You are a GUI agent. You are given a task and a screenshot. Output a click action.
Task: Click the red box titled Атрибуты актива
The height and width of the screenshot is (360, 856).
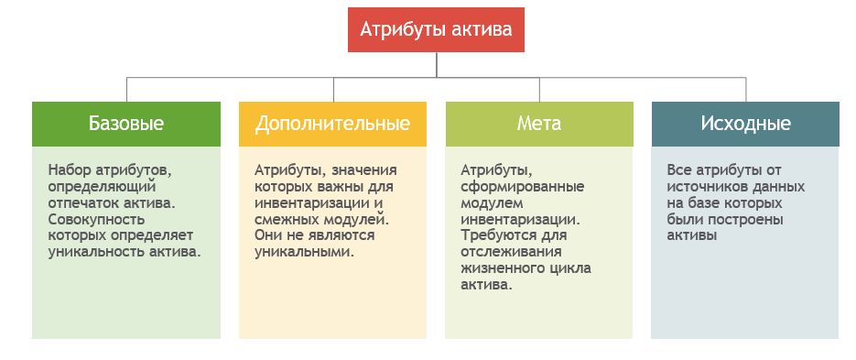click(x=436, y=30)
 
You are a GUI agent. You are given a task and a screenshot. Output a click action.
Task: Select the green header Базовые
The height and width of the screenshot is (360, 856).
click(x=126, y=124)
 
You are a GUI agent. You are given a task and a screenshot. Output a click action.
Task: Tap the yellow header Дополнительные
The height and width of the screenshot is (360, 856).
click(x=332, y=124)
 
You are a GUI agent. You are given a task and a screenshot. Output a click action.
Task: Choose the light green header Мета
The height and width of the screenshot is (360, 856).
click(x=539, y=124)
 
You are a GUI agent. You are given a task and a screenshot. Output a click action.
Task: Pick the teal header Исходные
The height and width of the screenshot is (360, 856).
click(x=745, y=124)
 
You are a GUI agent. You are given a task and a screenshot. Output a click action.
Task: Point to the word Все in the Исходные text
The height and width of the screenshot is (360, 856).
click(x=679, y=169)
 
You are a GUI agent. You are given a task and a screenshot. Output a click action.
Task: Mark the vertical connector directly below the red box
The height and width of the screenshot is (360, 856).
click(x=437, y=65)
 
